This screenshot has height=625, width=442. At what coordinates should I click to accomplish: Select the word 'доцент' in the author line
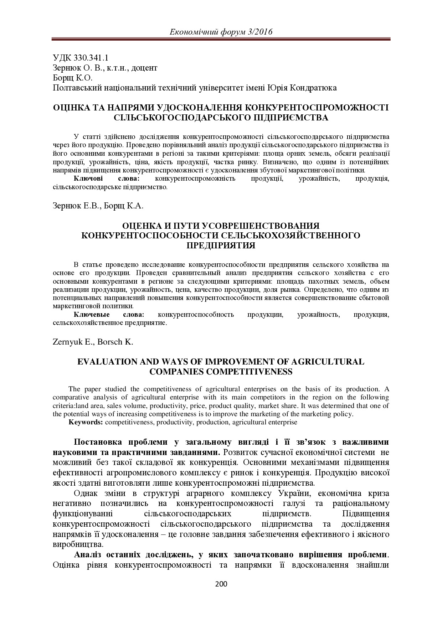pos(144,68)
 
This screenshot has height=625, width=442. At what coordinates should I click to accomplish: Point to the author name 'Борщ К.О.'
pos(72,78)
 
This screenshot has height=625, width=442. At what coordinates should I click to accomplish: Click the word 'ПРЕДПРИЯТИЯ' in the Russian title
pos(221,246)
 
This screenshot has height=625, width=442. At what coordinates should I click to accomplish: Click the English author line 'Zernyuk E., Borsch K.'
pos(93,342)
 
